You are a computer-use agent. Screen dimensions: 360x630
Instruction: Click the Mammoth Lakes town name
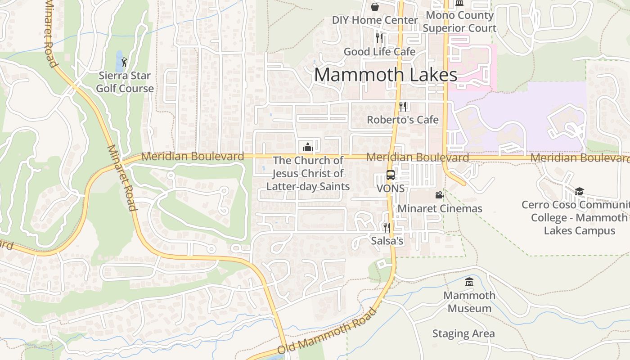click(386, 75)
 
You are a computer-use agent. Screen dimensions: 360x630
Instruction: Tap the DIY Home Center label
click(375, 20)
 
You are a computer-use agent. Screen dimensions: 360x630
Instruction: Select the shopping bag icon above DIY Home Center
click(375, 6)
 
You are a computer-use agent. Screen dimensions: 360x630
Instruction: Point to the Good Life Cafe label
click(379, 52)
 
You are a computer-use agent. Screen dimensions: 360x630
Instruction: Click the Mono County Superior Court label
click(459, 22)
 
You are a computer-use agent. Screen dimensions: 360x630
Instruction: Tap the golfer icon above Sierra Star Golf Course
click(124, 62)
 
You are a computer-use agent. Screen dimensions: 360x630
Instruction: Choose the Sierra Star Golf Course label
click(125, 82)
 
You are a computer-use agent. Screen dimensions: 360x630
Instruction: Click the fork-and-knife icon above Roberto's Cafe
click(403, 106)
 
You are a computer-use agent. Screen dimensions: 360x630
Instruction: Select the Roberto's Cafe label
click(403, 120)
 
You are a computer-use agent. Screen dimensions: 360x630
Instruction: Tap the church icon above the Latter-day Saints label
click(308, 147)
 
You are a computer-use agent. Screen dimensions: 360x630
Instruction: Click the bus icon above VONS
click(391, 175)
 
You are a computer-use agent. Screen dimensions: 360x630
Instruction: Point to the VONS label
click(391, 189)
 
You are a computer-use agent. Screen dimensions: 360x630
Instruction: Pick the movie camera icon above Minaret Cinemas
click(439, 195)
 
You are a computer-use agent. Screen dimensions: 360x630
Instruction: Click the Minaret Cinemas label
click(440, 209)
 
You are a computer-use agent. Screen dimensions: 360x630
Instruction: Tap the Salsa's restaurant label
click(387, 241)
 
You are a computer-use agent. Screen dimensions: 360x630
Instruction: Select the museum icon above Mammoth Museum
click(469, 282)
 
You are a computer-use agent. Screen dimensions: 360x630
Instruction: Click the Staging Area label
click(463, 334)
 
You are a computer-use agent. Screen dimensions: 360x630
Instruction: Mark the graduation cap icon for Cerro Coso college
click(579, 191)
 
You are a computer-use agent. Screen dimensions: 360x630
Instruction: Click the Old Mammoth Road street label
click(327, 331)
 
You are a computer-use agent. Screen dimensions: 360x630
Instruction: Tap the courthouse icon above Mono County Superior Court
click(459, 3)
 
